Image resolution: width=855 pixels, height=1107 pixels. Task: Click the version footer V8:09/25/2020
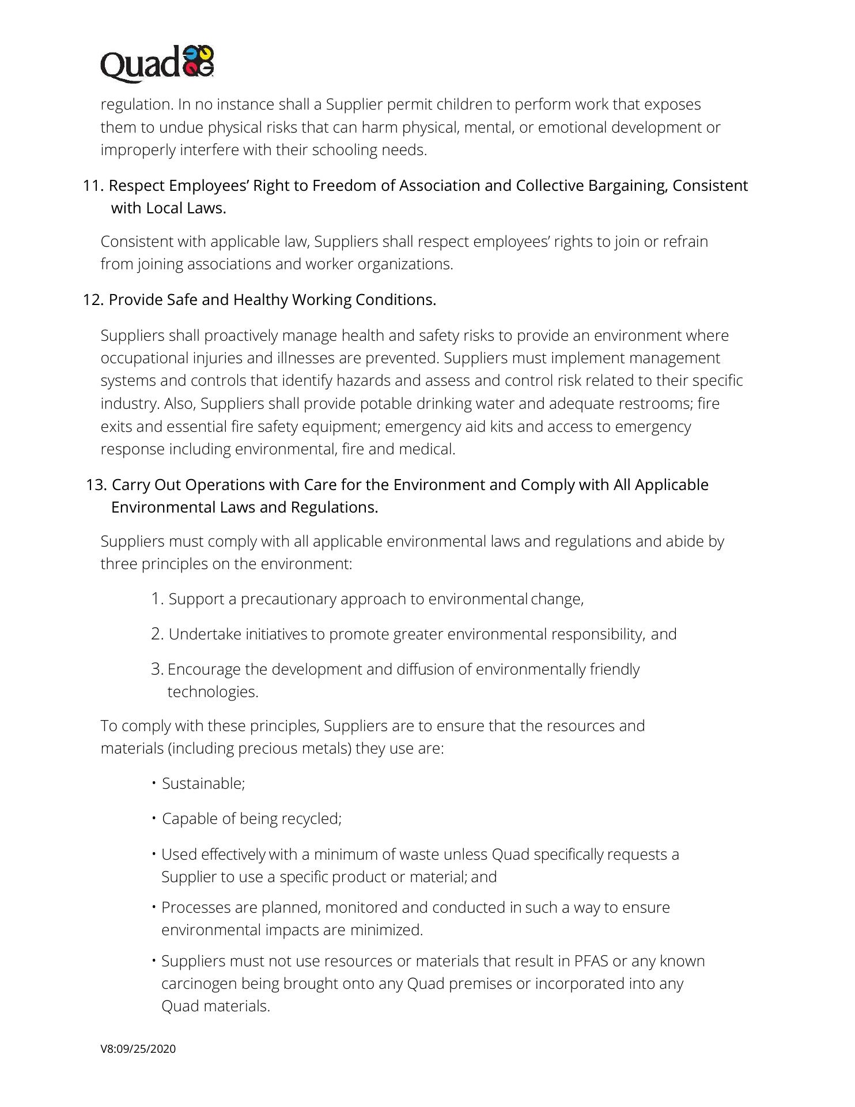(x=138, y=1049)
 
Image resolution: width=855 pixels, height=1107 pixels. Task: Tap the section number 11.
(x=93, y=186)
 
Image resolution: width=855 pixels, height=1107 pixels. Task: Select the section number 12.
(x=93, y=300)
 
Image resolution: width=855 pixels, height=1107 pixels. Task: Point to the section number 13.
(x=96, y=485)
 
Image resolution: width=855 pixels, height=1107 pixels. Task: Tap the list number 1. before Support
(x=158, y=599)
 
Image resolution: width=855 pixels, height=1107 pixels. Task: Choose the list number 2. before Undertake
(x=158, y=634)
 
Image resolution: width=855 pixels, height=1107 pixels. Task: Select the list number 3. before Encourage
(x=158, y=669)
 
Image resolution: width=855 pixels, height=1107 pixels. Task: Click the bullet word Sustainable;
(x=203, y=784)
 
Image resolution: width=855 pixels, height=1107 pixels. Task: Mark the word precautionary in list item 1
(x=289, y=599)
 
